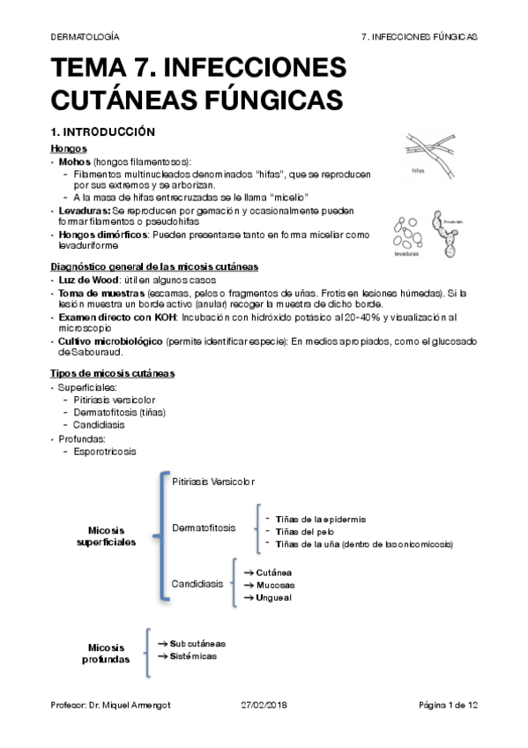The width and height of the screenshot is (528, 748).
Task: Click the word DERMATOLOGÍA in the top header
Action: click(85, 36)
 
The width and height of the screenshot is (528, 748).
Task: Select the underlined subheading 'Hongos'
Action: click(69, 148)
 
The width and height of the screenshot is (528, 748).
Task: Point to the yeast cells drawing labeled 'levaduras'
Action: click(407, 234)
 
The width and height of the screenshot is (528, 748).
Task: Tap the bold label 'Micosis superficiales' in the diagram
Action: click(112, 535)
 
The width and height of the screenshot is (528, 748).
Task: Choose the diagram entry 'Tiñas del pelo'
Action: click(302, 532)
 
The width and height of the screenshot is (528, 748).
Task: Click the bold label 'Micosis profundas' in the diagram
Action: click(107, 653)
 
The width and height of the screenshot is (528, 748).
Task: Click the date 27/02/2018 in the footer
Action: click(264, 706)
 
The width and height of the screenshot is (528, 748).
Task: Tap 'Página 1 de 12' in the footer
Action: click(448, 706)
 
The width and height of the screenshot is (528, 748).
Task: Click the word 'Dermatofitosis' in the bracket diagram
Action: click(204, 527)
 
